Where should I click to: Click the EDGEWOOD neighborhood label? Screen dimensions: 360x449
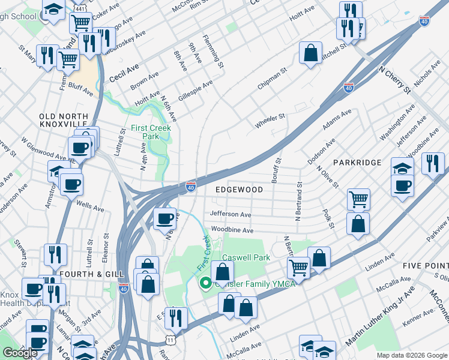240,190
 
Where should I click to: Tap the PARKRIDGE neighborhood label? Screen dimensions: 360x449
357,163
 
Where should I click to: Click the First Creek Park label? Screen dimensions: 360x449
151,132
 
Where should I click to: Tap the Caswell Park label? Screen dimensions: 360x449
246,257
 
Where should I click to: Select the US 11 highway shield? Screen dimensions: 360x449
171,340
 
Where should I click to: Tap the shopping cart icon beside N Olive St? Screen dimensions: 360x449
358,199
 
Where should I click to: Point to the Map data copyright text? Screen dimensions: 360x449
411,355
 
